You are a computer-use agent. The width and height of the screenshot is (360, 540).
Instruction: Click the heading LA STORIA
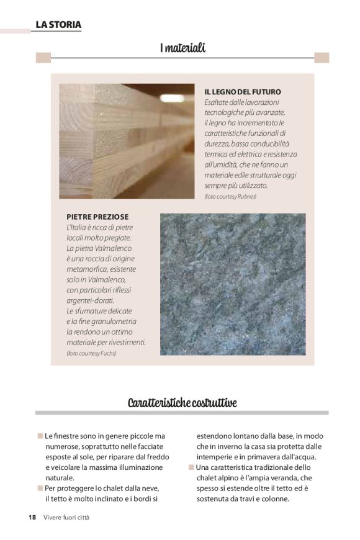[x=58, y=25]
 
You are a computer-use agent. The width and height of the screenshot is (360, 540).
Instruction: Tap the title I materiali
[x=182, y=48]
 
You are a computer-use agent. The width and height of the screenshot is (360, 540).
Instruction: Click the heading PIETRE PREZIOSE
[x=97, y=217]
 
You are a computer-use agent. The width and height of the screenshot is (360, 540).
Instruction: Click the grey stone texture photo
[x=233, y=284]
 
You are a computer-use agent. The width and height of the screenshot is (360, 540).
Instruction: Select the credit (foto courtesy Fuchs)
[x=91, y=353]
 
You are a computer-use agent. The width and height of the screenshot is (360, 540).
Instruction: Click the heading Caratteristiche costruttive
[x=182, y=403]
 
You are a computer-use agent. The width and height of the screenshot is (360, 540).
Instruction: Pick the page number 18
[x=32, y=517]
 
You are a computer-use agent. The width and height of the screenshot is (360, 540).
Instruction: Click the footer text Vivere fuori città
[x=66, y=517]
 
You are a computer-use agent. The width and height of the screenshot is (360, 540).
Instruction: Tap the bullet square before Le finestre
[x=40, y=436]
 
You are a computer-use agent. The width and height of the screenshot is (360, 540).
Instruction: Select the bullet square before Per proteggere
[x=40, y=488]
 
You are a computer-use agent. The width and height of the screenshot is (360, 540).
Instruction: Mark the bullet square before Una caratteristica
[x=191, y=467]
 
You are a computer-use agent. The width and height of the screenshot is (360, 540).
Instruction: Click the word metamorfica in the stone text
[x=88, y=269]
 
